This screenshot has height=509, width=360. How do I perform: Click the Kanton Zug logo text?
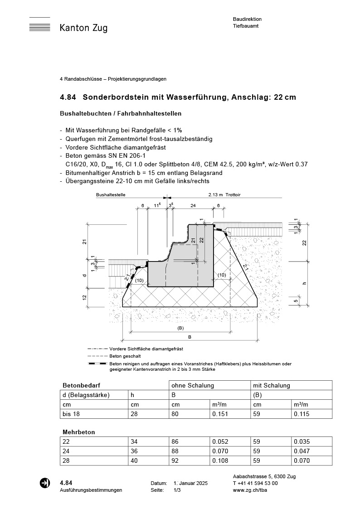pyautogui.click(x=83, y=28)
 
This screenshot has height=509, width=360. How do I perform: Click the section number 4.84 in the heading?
pyautogui.click(x=68, y=97)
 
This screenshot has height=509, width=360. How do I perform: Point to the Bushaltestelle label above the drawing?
pyautogui.click(x=111, y=195)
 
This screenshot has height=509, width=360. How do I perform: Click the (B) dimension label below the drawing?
pyautogui.click(x=180, y=328)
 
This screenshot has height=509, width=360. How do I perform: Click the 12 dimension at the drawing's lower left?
pyautogui.click(x=84, y=297)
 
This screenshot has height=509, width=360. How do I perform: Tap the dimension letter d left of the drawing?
pyautogui.click(x=84, y=275)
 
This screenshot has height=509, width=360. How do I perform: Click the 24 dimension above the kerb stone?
pyautogui.click(x=193, y=205)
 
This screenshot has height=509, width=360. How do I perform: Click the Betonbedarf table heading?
pyautogui.click(x=78, y=386)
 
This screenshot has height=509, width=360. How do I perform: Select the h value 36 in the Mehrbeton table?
pyautogui.click(x=135, y=451)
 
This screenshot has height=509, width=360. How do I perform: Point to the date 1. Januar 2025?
pyautogui.click(x=190, y=484)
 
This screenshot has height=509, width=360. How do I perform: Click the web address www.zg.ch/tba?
pyautogui.click(x=249, y=490)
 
